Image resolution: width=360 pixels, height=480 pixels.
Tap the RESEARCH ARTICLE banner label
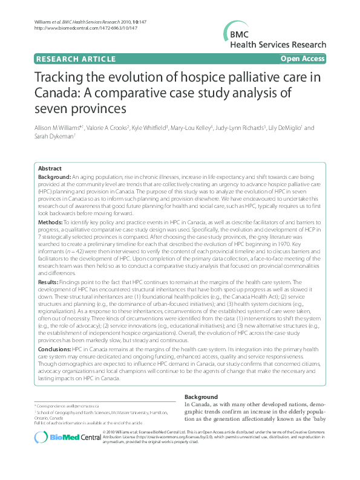pos(76,59)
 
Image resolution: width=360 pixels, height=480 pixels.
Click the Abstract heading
pos(50,167)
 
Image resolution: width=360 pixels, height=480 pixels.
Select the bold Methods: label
pos(50,223)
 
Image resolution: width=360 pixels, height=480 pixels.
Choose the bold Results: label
pos(48,281)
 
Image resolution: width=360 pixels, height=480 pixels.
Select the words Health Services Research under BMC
pos(278,45)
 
